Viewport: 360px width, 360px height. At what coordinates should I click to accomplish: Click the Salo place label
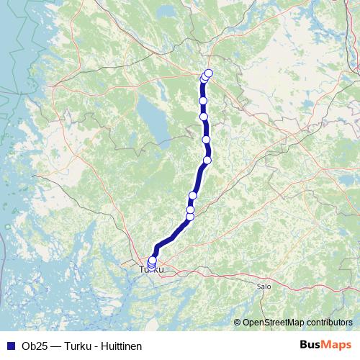(263, 286)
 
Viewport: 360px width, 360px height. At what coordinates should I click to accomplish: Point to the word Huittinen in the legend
(120, 346)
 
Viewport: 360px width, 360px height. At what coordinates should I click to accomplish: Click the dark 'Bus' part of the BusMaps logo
(311, 345)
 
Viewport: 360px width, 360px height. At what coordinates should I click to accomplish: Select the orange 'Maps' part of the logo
(337, 345)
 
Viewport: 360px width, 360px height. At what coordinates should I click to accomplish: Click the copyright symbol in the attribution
(238, 323)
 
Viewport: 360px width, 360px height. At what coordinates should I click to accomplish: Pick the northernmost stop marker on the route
(210, 72)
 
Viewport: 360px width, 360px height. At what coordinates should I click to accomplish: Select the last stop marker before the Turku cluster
(190, 216)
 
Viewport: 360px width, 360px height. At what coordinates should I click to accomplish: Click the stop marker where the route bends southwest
(207, 160)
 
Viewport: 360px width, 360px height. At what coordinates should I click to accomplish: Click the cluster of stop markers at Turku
(152, 263)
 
